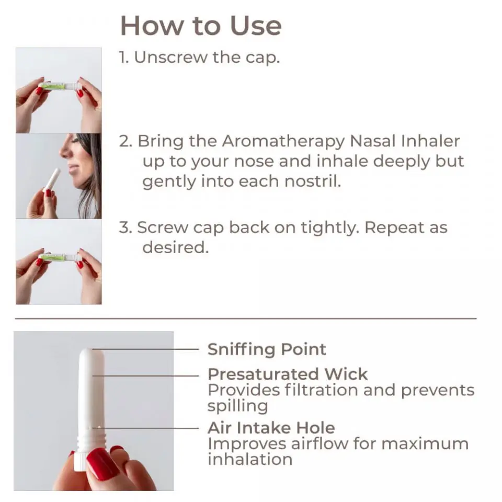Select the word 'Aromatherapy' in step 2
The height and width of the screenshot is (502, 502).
click(283, 141)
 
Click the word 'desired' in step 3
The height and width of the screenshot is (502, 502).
click(175, 247)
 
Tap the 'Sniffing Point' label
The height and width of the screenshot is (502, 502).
click(266, 349)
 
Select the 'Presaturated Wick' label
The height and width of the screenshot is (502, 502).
click(287, 374)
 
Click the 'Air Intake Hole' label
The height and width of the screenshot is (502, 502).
click(271, 428)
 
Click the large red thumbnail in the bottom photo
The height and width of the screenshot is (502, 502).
click(101, 463)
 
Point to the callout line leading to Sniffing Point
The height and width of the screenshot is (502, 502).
click(146, 349)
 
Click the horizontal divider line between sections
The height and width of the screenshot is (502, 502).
click(246, 318)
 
